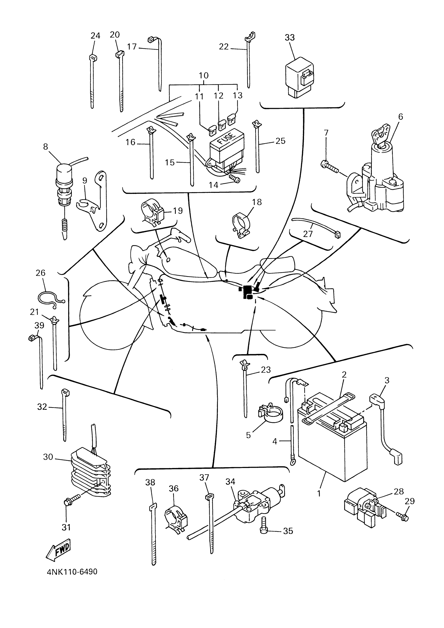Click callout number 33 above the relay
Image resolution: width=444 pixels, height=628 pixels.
(290, 38)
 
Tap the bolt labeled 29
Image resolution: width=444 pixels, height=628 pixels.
(401, 516)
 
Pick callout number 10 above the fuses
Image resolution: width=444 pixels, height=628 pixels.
(204, 75)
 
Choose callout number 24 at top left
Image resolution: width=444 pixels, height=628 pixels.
(95, 36)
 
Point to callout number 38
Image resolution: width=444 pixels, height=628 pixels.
(150, 483)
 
